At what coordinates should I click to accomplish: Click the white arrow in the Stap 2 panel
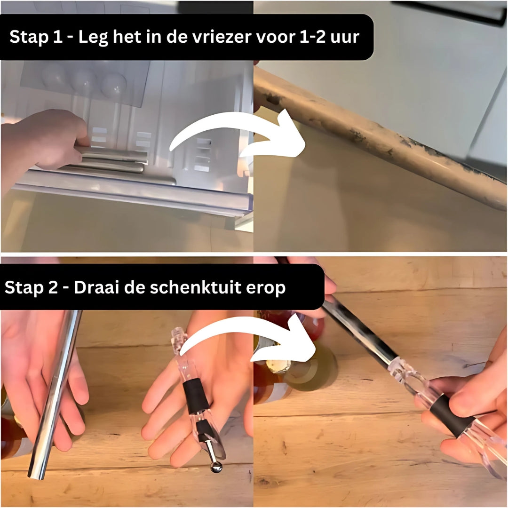[x=249, y=339]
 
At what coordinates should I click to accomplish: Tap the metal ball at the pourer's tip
[x=216, y=467]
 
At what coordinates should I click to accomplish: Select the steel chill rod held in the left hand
[x=54, y=395]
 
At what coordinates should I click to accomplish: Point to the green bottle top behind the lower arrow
[x=315, y=367]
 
